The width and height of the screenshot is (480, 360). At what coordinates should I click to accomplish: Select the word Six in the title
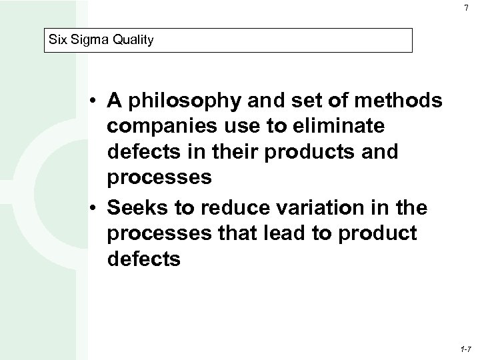point(58,40)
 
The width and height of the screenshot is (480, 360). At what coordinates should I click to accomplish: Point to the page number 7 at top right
point(464,7)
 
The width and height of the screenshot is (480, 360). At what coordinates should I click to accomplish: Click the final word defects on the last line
point(143,257)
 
